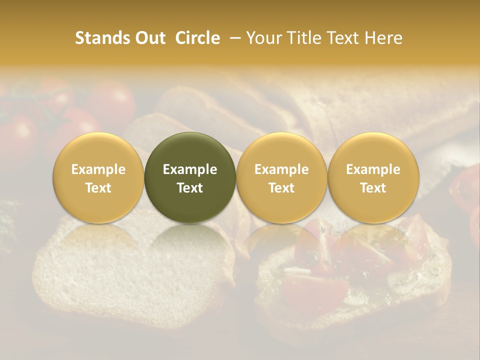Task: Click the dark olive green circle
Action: pyautogui.click(x=190, y=177)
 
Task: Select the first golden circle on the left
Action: pyautogui.click(x=98, y=177)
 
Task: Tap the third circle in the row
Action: pyautogui.click(x=281, y=177)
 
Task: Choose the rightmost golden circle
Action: pyautogui.click(x=373, y=177)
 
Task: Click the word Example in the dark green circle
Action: pyautogui.click(x=190, y=169)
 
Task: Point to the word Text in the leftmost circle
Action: pyautogui.click(x=98, y=188)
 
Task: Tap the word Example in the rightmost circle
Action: pyautogui.click(x=373, y=169)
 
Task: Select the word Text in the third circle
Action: pyautogui.click(x=281, y=188)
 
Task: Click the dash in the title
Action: pyautogui.click(x=233, y=38)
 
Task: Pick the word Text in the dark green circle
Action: pyautogui.click(x=190, y=188)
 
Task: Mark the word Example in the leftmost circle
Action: pyautogui.click(x=98, y=169)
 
